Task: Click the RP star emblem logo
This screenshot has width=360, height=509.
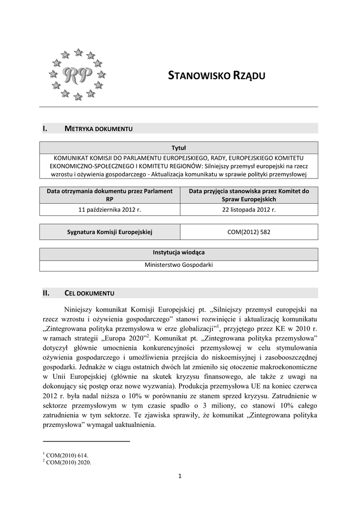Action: (x=78, y=74)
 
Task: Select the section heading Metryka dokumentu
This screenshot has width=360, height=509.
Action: (x=98, y=129)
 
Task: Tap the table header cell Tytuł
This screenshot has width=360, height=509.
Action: (x=179, y=148)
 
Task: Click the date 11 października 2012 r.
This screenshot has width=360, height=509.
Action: (x=109, y=210)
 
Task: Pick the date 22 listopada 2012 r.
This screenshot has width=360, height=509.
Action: (x=249, y=210)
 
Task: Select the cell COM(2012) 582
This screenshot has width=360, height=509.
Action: (x=249, y=232)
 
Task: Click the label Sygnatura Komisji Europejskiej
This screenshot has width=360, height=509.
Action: (x=109, y=232)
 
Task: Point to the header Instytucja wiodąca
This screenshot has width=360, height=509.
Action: (x=179, y=253)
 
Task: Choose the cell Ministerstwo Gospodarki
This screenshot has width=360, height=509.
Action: (x=179, y=265)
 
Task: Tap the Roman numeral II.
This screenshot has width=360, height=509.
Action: (x=47, y=293)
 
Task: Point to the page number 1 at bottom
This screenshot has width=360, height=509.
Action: (x=180, y=478)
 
